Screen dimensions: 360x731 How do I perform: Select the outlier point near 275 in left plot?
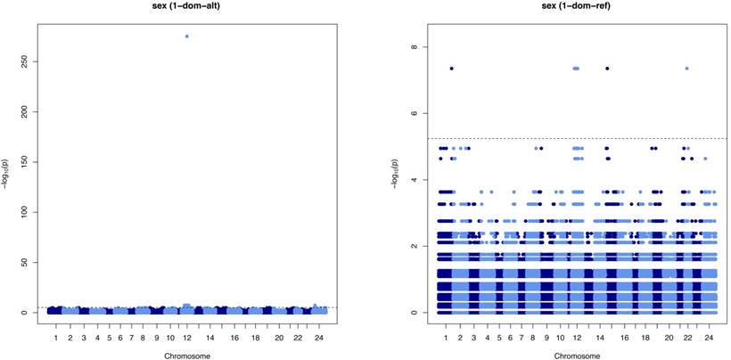pos(187,37)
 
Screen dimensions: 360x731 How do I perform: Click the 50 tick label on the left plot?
pos(28,263)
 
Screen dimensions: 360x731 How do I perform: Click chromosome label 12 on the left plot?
pos(186,339)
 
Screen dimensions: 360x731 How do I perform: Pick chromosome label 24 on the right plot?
pos(710,339)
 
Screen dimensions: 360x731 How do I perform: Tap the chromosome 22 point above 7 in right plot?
pos(686,69)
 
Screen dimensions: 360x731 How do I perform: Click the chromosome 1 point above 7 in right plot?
pos(452,69)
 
